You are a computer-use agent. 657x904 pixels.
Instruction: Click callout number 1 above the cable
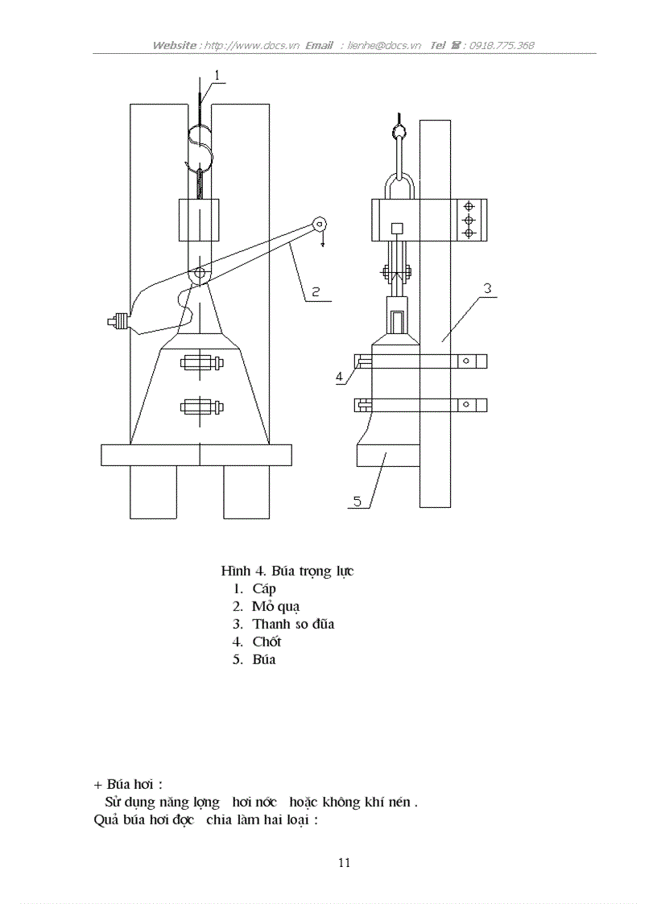pyautogui.click(x=217, y=76)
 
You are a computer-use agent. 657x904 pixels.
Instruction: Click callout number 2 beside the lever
pyautogui.click(x=316, y=291)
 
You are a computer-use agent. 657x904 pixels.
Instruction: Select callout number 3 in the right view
pyautogui.click(x=487, y=287)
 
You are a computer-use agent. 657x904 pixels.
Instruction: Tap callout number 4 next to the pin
pyautogui.click(x=340, y=375)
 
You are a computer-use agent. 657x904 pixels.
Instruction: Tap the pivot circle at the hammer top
pyautogui.click(x=198, y=275)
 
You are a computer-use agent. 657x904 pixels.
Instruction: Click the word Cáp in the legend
pyautogui.click(x=264, y=588)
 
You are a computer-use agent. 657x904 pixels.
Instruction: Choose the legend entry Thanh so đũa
pyautogui.click(x=293, y=624)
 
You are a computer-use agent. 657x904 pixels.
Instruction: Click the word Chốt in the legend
pyautogui.click(x=267, y=642)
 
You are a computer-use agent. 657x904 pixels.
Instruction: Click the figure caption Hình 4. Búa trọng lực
pyautogui.click(x=287, y=571)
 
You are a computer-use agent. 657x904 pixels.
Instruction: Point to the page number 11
pyautogui.click(x=344, y=863)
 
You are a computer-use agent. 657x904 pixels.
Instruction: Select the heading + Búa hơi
pyautogui.click(x=128, y=783)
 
